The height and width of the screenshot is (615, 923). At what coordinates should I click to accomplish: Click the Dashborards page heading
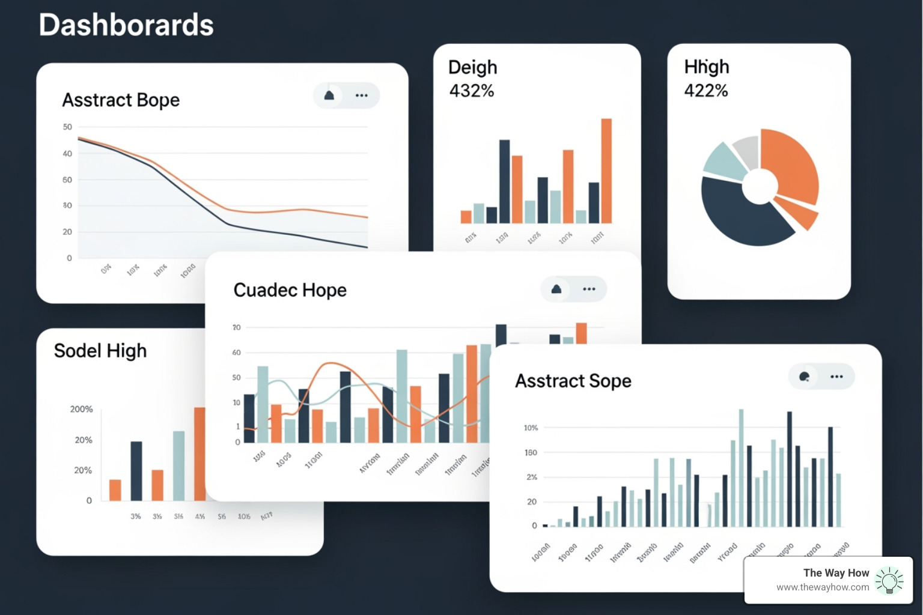click(x=126, y=25)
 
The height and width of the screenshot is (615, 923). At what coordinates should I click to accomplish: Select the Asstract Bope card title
click(x=121, y=100)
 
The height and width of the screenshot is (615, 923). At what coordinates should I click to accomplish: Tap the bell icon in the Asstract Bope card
click(x=329, y=95)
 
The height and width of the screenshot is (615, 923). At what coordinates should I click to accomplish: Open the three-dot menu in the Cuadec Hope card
click(x=589, y=289)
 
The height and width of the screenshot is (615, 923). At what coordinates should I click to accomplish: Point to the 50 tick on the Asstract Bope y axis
click(x=67, y=127)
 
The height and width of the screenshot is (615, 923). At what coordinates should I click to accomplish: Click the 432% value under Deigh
click(x=472, y=91)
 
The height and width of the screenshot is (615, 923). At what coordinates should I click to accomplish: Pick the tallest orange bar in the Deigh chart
click(x=606, y=171)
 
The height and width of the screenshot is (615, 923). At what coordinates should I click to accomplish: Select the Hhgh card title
click(x=707, y=67)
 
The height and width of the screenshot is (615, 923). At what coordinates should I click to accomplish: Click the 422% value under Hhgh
click(x=706, y=91)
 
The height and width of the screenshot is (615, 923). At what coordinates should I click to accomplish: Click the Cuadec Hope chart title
click(x=290, y=290)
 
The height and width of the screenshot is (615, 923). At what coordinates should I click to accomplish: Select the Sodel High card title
click(x=100, y=351)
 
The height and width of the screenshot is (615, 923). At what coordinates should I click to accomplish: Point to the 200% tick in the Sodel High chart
click(x=82, y=409)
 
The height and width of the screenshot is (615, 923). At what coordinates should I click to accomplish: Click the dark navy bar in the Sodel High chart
click(x=136, y=471)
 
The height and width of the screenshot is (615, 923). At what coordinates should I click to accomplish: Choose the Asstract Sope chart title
click(x=573, y=381)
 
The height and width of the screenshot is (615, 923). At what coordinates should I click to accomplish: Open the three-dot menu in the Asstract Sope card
click(x=836, y=377)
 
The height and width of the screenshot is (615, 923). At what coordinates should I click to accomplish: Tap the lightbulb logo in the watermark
click(x=889, y=581)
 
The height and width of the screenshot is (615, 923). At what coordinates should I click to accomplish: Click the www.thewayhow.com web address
click(x=823, y=587)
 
